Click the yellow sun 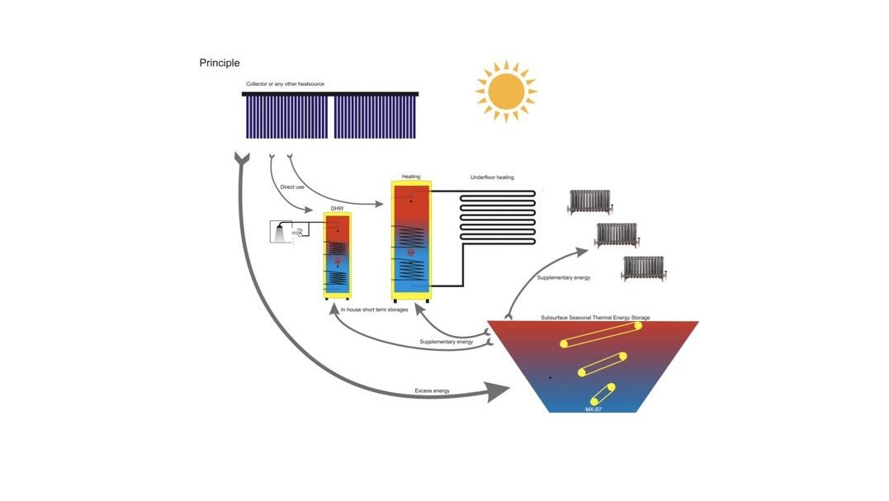coord(505,90)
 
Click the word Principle coord(220,63)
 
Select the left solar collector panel coord(286,116)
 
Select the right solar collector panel coord(375,116)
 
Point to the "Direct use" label coord(293,187)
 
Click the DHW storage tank coord(337,256)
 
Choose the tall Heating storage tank coord(411,239)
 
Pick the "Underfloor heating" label coord(492,177)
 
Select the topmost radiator coord(589,201)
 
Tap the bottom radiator coord(643,267)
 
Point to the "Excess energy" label coord(433,390)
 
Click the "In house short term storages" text coord(375,310)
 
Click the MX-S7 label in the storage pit coord(593,408)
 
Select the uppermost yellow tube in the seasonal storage coord(601,334)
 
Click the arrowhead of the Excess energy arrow coord(498,390)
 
